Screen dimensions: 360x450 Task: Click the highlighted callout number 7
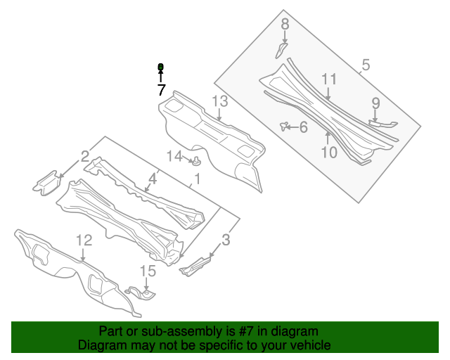[x=161, y=90]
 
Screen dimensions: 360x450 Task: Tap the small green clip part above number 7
[x=160, y=67]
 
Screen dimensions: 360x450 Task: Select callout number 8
[x=285, y=25]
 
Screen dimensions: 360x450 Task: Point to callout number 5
[x=365, y=66]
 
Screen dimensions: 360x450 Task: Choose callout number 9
[x=375, y=103]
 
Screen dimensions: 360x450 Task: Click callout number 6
[x=303, y=127]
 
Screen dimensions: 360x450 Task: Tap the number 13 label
[x=220, y=102]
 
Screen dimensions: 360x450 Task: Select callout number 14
[x=174, y=156]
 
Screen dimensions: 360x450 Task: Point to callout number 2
[x=84, y=156]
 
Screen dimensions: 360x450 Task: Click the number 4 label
[x=153, y=179]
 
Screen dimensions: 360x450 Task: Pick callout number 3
[x=225, y=240]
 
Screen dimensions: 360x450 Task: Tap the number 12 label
[x=84, y=240]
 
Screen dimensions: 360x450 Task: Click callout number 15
[x=147, y=271]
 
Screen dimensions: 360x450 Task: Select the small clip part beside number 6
[x=285, y=126]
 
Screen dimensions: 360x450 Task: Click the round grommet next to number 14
[x=197, y=162]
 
